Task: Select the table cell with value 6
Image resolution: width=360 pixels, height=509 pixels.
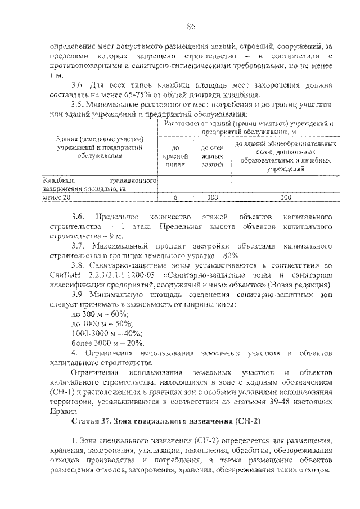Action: (x=175, y=197)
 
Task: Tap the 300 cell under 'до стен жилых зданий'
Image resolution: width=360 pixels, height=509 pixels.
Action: (x=212, y=197)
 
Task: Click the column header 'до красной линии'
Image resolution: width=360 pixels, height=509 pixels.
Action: (x=175, y=155)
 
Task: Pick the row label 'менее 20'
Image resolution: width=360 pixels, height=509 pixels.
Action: (x=57, y=197)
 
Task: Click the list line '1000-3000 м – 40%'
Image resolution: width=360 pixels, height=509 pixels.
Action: (x=104, y=333)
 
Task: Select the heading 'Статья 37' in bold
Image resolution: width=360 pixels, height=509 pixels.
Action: (x=93, y=421)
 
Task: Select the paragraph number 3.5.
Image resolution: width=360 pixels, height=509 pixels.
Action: (x=79, y=104)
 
